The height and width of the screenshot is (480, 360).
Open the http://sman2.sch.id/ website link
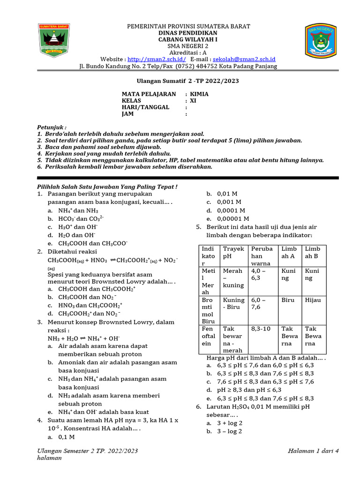[157, 60]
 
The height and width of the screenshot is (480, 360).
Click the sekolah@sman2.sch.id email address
[244, 60]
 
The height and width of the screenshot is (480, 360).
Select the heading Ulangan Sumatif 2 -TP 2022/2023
[180, 81]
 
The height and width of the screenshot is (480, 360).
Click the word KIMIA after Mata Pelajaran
[199, 94]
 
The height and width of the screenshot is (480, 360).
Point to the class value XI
[193, 101]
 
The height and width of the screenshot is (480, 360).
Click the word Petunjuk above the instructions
[52, 127]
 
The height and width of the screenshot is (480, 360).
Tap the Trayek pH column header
[233, 252]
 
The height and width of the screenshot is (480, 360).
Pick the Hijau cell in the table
[313, 300]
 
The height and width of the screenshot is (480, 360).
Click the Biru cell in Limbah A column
[287, 300]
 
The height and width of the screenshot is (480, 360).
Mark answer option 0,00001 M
[233, 219]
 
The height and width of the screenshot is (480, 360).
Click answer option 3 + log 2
[230, 423]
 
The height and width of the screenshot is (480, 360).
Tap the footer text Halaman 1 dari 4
[313, 451]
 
